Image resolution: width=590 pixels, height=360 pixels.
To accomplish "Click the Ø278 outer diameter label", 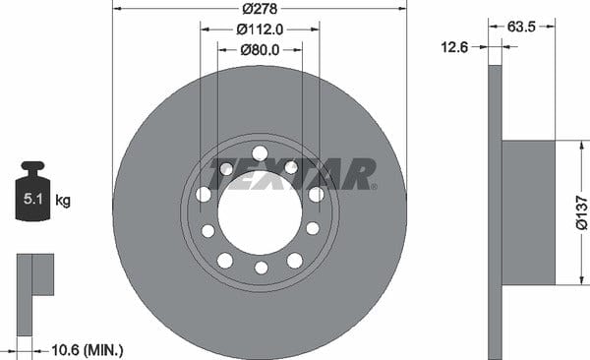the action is tap(260, 9).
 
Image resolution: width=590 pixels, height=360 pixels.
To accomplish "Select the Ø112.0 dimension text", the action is tap(260, 29).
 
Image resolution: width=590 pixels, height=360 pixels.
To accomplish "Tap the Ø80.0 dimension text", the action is tap(260, 50).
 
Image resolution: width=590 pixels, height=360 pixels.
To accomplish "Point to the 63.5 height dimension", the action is tap(521, 27).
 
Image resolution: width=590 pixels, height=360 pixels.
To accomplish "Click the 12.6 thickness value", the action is tap(454, 47).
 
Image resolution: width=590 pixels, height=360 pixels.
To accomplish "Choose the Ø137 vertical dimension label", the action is tap(582, 212).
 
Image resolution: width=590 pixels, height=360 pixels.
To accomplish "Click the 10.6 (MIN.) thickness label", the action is tap(87, 350).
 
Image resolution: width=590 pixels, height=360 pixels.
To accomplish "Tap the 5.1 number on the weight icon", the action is tap(33, 199).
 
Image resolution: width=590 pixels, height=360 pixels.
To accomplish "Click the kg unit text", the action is tap(63, 201).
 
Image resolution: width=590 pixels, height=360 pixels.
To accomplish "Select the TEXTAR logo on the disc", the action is tap(292, 173).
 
